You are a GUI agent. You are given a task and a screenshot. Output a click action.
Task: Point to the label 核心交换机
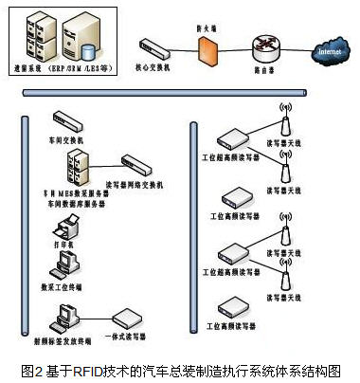click(x=155, y=66)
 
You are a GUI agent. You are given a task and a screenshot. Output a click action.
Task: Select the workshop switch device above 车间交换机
click(x=70, y=119)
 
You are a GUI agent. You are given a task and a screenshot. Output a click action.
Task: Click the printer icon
click(x=68, y=228)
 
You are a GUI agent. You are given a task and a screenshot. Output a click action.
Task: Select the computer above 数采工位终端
click(x=67, y=263)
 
